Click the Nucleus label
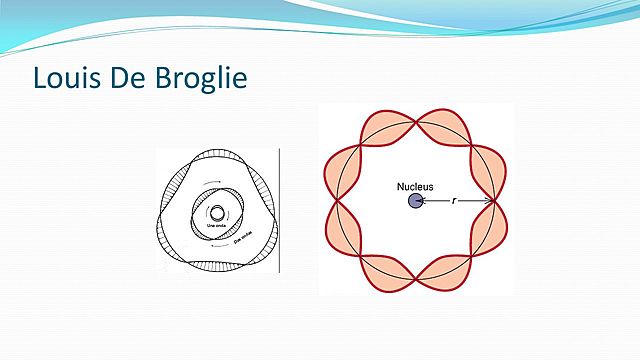point(414,186)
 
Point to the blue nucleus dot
point(414,202)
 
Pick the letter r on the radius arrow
point(454,201)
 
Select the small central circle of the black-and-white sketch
point(217,213)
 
